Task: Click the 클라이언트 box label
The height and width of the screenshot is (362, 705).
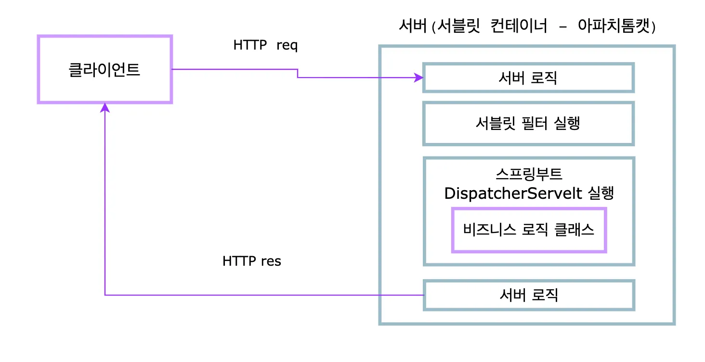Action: click(104, 69)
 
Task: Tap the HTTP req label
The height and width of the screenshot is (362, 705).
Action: click(265, 45)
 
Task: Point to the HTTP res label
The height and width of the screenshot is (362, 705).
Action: click(251, 261)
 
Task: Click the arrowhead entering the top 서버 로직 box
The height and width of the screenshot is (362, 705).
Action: click(419, 78)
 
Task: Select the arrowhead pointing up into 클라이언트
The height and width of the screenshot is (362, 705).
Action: click(105, 108)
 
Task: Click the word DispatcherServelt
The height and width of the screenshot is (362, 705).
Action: click(513, 193)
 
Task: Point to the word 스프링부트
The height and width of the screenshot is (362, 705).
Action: click(529, 174)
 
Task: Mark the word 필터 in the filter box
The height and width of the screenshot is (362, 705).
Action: click(535, 123)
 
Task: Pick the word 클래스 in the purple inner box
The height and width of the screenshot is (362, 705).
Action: click(574, 230)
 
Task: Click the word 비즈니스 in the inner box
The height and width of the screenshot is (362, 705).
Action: click(489, 230)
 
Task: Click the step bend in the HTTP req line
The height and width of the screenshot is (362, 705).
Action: click(298, 73)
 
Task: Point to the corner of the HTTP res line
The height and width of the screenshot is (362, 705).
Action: click(105, 295)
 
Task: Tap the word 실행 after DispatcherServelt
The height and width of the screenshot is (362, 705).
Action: click(601, 193)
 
